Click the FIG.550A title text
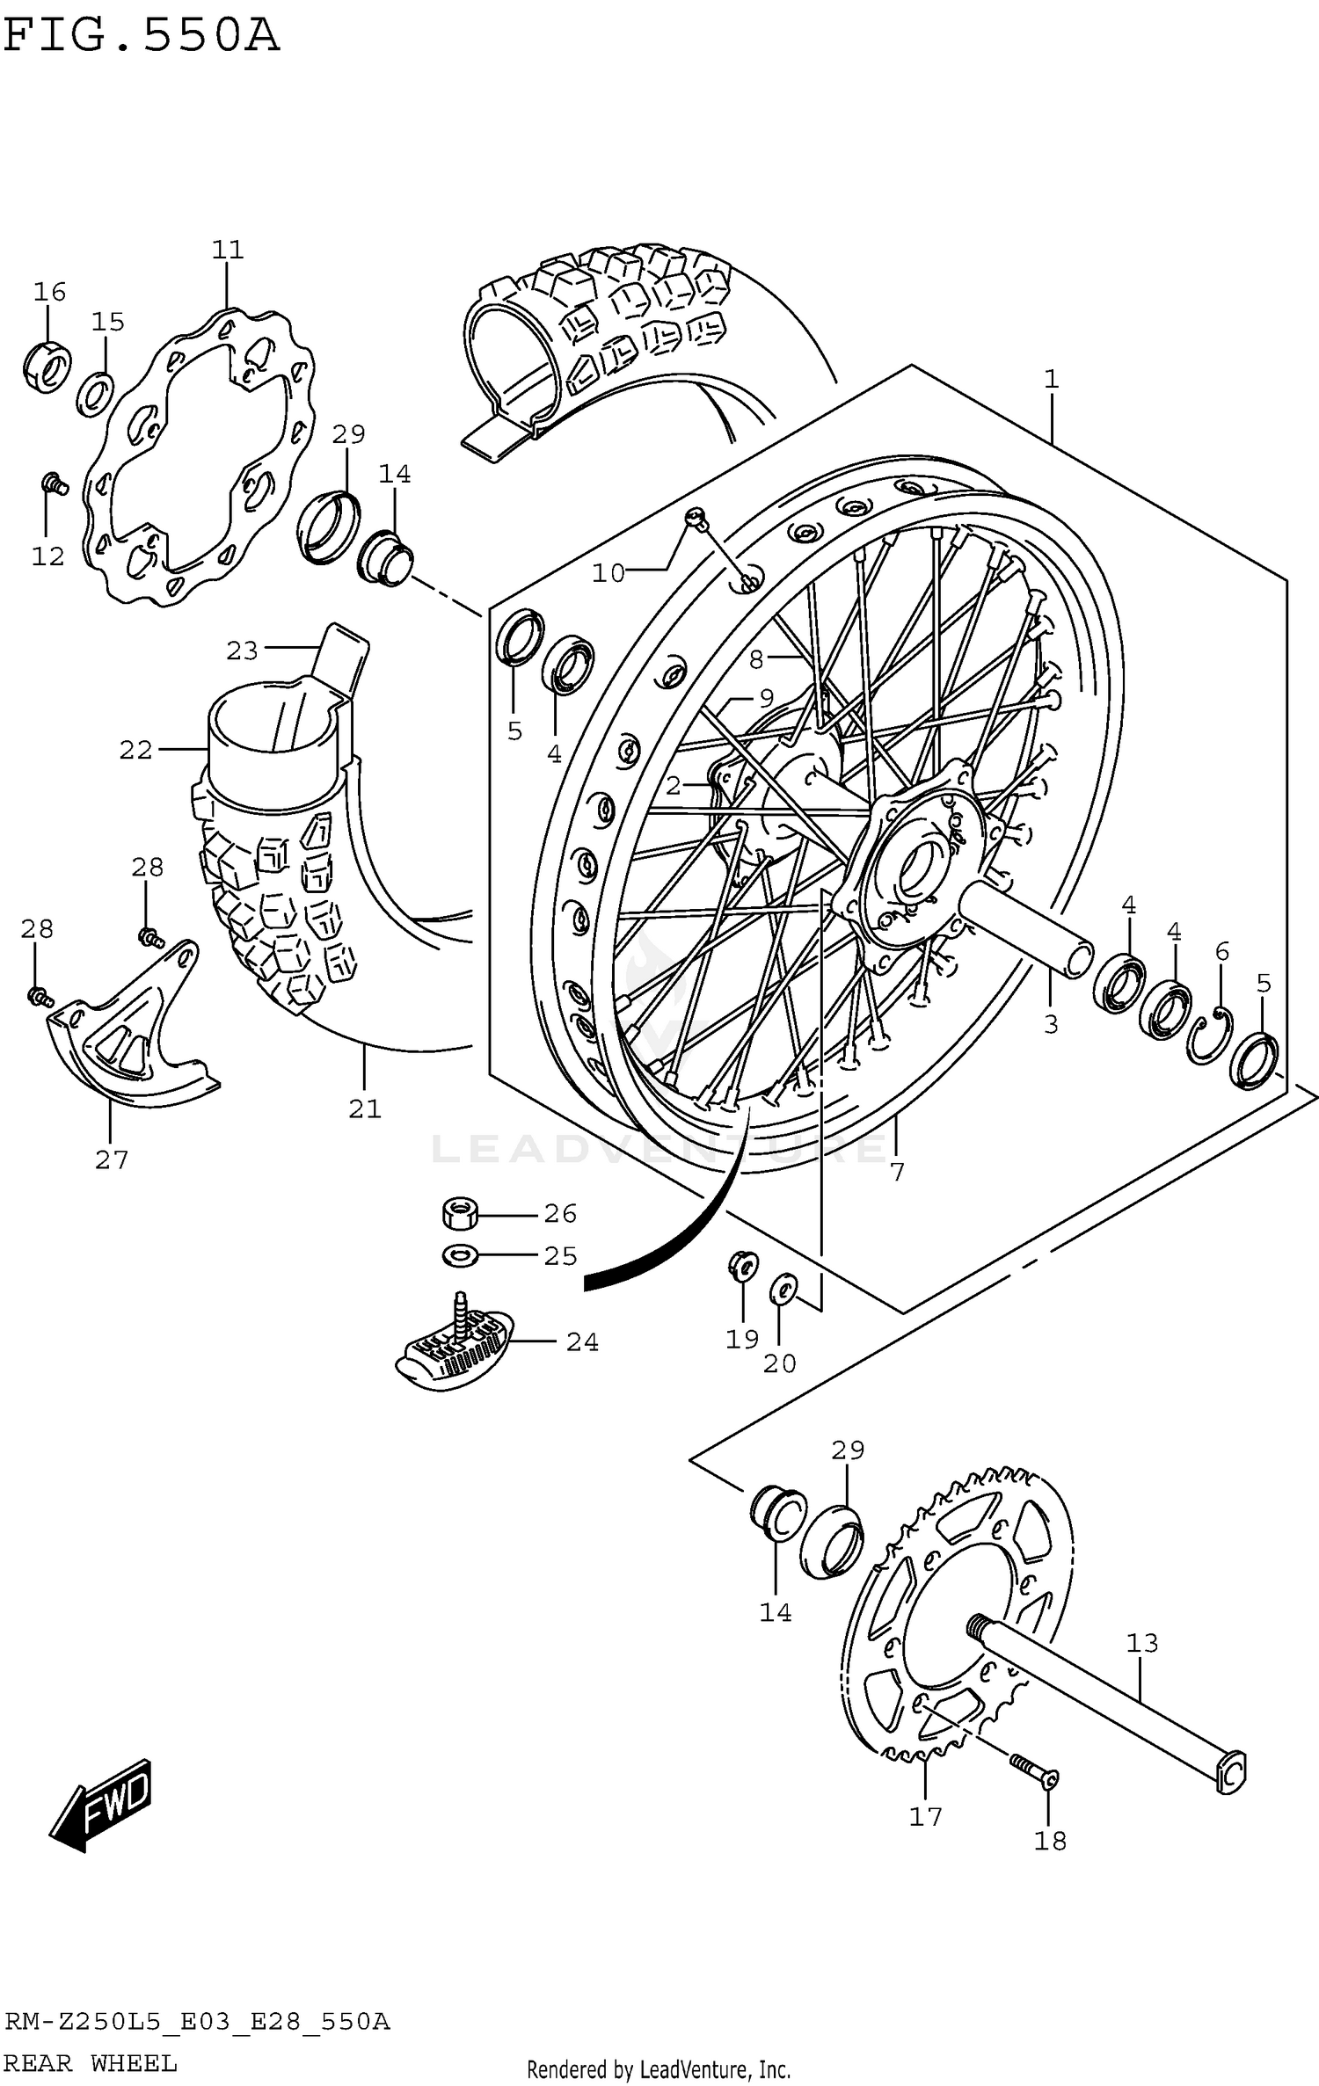click(141, 37)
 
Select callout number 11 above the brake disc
click(227, 250)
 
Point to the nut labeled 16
click(46, 365)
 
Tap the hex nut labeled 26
click(459, 1215)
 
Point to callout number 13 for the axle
click(1142, 1642)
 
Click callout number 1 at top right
click(1051, 380)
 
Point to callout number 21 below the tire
click(365, 1109)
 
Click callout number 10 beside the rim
click(608, 574)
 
